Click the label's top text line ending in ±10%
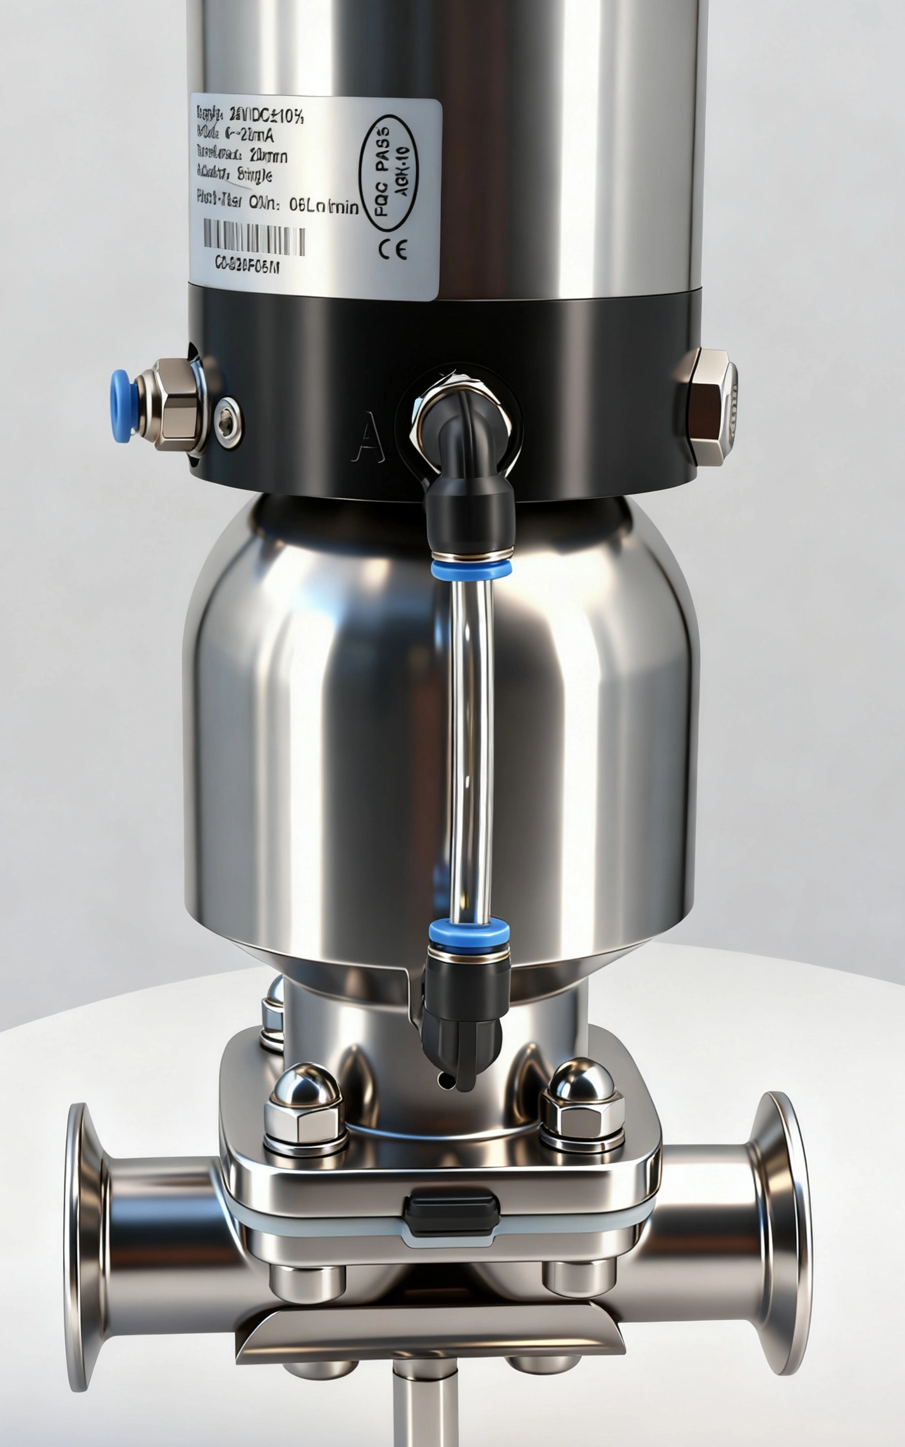tap(250, 115)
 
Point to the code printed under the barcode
tap(247, 266)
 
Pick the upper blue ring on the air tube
tap(471, 567)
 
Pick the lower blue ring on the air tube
tap(469, 931)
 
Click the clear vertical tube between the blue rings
tap(471, 746)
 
